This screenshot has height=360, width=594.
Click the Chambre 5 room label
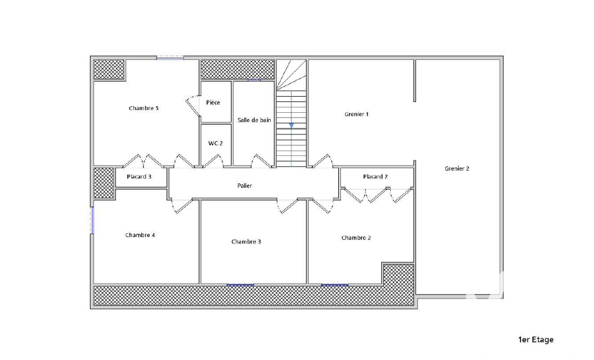coord(144,108)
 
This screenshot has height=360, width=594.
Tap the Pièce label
coord(213,103)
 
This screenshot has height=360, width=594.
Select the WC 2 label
coord(216,143)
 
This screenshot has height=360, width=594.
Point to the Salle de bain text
coord(254,120)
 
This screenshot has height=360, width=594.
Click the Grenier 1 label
coord(357,114)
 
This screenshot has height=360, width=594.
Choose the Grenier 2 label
coord(457,168)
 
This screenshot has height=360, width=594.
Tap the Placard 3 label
coord(139,176)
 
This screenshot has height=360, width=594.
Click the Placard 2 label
coord(375,176)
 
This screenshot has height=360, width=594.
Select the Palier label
coord(245,186)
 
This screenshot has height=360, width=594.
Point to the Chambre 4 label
coord(140,235)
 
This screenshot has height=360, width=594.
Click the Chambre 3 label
coord(246,241)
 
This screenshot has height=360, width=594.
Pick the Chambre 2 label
coord(356,237)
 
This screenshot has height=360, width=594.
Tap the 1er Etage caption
coord(536,339)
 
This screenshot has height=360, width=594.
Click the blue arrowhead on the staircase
coord(291,125)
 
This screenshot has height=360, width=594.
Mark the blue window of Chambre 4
coord(92,220)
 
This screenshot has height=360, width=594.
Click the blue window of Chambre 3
coord(240,285)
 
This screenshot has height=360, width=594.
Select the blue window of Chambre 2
coord(334,285)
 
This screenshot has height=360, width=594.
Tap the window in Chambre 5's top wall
coord(170,58)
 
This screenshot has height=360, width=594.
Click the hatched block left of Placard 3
coord(104,183)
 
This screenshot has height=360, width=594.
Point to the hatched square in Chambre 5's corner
coord(109,69)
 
